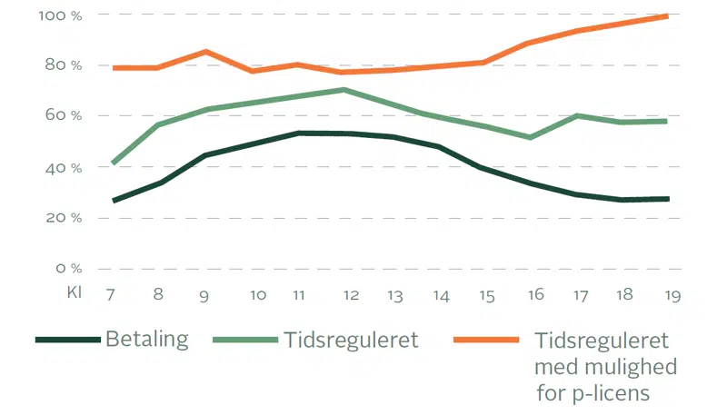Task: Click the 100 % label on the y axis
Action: pyautogui.click(x=61, y=15)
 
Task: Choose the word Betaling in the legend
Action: pyautogui.click(x=147, y=341)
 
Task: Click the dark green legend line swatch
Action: pyautogui.click(x=67, y=340)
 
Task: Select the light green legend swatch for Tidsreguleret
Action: pyautogui.click(x=244, y=340)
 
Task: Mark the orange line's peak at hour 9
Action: pyautogui.click(x=206, y=52)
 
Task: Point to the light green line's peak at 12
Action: pyautogui.click(x=344, y=89)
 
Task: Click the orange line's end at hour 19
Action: pyautogui.click(x=668, y=15)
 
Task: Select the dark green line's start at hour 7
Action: pyautogui.click(x=114, y=201)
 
